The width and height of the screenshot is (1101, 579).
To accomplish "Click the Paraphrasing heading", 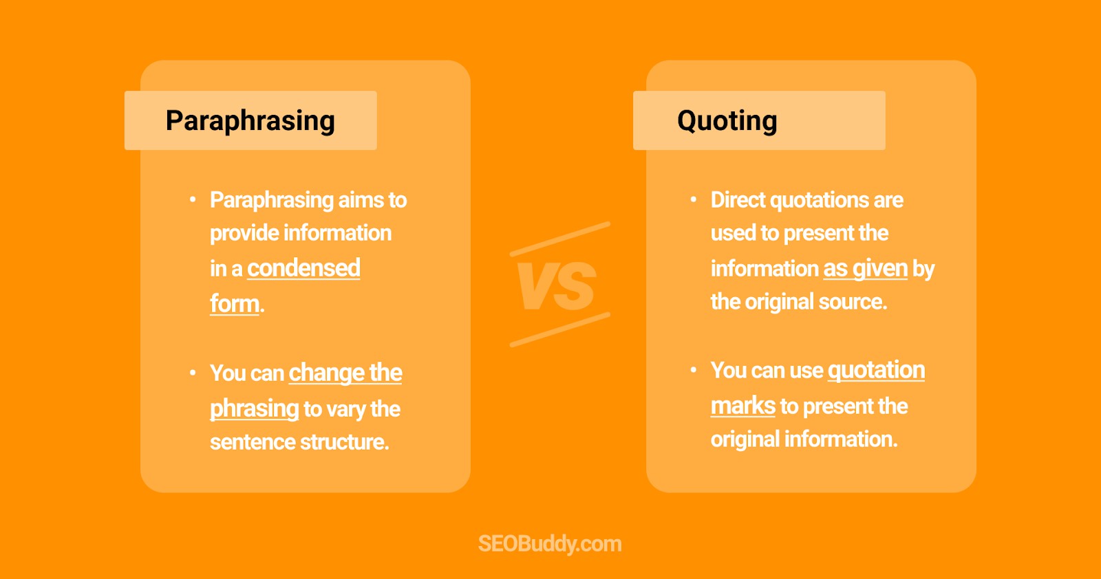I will [x=250, y=121].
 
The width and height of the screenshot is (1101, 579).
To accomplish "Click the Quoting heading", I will [x=727, y=121].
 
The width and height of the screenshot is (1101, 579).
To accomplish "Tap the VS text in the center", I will [x=557, y=286].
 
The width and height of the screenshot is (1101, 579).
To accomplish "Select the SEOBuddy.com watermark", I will [x=550, y=544].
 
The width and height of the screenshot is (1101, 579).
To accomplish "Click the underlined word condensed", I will [x=303, y=268].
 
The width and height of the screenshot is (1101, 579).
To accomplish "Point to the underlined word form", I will [x=235, y=303].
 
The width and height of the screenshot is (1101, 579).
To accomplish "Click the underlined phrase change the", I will [x=345, y=373].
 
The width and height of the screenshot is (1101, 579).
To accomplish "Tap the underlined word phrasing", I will [x=254, y=408].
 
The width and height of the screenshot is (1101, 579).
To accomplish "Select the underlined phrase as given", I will [x=866, y=268].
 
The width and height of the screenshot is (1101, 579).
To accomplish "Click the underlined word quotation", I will [x=876, y=370].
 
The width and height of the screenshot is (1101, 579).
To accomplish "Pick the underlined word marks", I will [x=743, y=406].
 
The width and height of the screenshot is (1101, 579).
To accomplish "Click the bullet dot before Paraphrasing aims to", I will [x=193, y=200].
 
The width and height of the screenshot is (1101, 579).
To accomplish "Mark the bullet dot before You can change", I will [x=193, y=373].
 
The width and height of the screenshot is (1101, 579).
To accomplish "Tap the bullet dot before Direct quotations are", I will [x=694, y=200].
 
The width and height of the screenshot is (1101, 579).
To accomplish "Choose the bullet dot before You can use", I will [x=694, y=370].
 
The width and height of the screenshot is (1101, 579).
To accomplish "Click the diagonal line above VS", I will [x=560, y=239].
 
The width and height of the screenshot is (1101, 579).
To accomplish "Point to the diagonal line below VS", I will [x=560, y=329].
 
